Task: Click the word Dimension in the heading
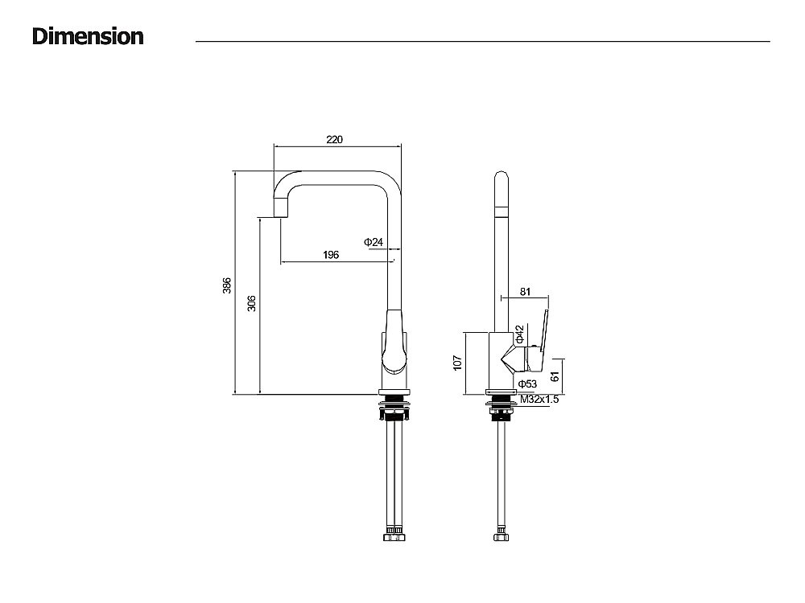click(x=88, y=36)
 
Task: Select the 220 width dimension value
click(x=334, y=139)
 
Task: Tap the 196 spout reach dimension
click(x=330, y=255)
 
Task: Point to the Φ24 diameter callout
click(x=373, y=242)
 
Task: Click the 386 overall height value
click(x=227, y=285)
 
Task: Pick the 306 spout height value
click(x=251, y=304)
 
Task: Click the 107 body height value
click(x=457, y=363)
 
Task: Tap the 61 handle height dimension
click(x=555, y=376)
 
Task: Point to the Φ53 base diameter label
click(x=527, y=384)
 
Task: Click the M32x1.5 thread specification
click(x=539, y=399)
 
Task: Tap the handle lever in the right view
click(x=543, y=330)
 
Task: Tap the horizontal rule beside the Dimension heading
click(x=483, y=41)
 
